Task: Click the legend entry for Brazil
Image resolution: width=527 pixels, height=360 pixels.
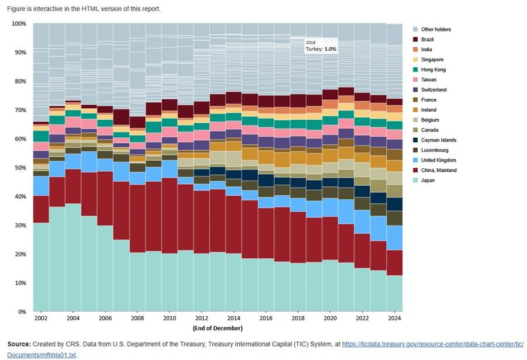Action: tap(427, 39)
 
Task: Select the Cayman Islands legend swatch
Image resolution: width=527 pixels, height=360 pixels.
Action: tap(415, 140)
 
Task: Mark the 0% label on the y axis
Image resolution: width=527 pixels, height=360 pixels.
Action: tap(22, 312)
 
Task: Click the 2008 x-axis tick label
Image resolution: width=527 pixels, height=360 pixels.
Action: tap(137, 319)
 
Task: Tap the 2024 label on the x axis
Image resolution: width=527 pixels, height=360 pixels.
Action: tap(394, 319)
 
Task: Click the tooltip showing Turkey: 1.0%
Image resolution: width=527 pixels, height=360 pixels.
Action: tap(321, 46)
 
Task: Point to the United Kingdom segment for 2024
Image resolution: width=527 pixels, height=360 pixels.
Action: tap(394, 238)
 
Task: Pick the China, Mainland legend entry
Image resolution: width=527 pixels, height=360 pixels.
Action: tap(438, 171)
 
